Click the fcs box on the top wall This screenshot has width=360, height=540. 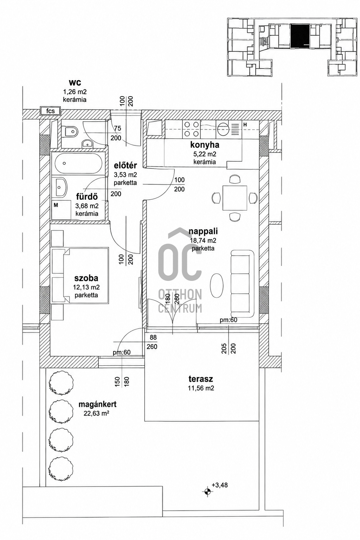pyautogui.click(x=51, y=111)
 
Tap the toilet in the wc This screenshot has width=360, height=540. pyautogui.click(x=70, y=131)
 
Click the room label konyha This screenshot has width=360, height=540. pyautogui.click(x=205, y=145)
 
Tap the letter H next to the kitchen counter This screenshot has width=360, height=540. pyautogui.click(x=245, y=125)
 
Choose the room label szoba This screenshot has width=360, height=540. pyautogui.click(x=86, y=278)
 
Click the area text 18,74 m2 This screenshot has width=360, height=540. pyautogui.click(x=203, y=240)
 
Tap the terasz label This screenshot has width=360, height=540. pyautogui.click(x=201, y=379)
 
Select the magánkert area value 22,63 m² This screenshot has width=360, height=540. pyautogui.click(x=96, y=414)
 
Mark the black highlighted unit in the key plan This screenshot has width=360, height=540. pyautogui.click(x=300, y=35)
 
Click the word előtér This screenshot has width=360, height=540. pyautogui.click(x=126, y=166)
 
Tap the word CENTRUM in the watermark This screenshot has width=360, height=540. pyautogui.click(x=180, y=309)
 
